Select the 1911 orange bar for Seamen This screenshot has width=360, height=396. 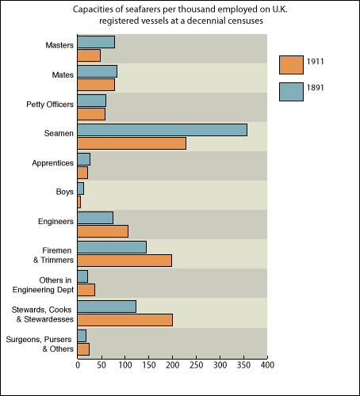coord(132,143)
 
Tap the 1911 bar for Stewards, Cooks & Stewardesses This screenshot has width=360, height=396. coord(124,319)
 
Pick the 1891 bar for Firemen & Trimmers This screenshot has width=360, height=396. coord(112,247)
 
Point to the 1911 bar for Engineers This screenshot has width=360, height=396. coord(102,231)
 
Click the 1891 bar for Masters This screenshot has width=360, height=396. coord(96,42)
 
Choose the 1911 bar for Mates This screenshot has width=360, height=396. coord(96,85)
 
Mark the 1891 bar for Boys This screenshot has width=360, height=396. coord(80,188)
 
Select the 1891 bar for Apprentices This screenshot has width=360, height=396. coord(83,159)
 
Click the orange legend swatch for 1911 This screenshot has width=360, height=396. coord(292,63)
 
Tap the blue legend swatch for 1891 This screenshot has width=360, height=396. coord(292,91)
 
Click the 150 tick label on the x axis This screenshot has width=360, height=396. coord(148,366)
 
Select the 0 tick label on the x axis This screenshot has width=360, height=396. coord(78,366)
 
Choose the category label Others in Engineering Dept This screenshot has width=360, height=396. coord(50,285)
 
